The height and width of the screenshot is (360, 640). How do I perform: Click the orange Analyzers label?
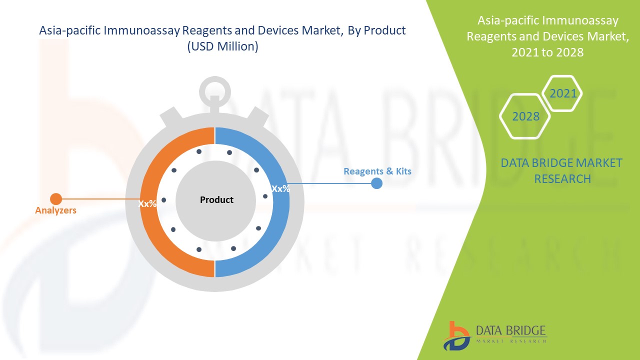(x=55, y=210)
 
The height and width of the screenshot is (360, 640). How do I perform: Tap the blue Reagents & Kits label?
(x=377, y=171)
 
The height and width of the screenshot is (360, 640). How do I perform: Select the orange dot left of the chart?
(x=56, y=199)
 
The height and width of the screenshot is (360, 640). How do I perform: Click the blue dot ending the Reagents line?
(x=377, y=183)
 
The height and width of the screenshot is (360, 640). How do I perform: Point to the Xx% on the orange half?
(x=147, y=204)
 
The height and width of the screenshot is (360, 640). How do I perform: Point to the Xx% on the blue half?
(x=280, y=189)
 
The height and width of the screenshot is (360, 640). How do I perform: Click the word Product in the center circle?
(x=216, y=200)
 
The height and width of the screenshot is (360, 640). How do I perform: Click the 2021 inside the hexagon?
(x=563, y=93)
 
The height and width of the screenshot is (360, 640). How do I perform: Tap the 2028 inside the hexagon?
(x=526, y=116)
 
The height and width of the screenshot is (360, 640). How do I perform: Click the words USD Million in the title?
(x=222, y=47)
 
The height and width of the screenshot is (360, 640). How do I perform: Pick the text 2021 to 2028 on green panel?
(x=547, y=52)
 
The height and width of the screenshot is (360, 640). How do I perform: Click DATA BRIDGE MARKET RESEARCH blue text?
(x=562, y=170)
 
